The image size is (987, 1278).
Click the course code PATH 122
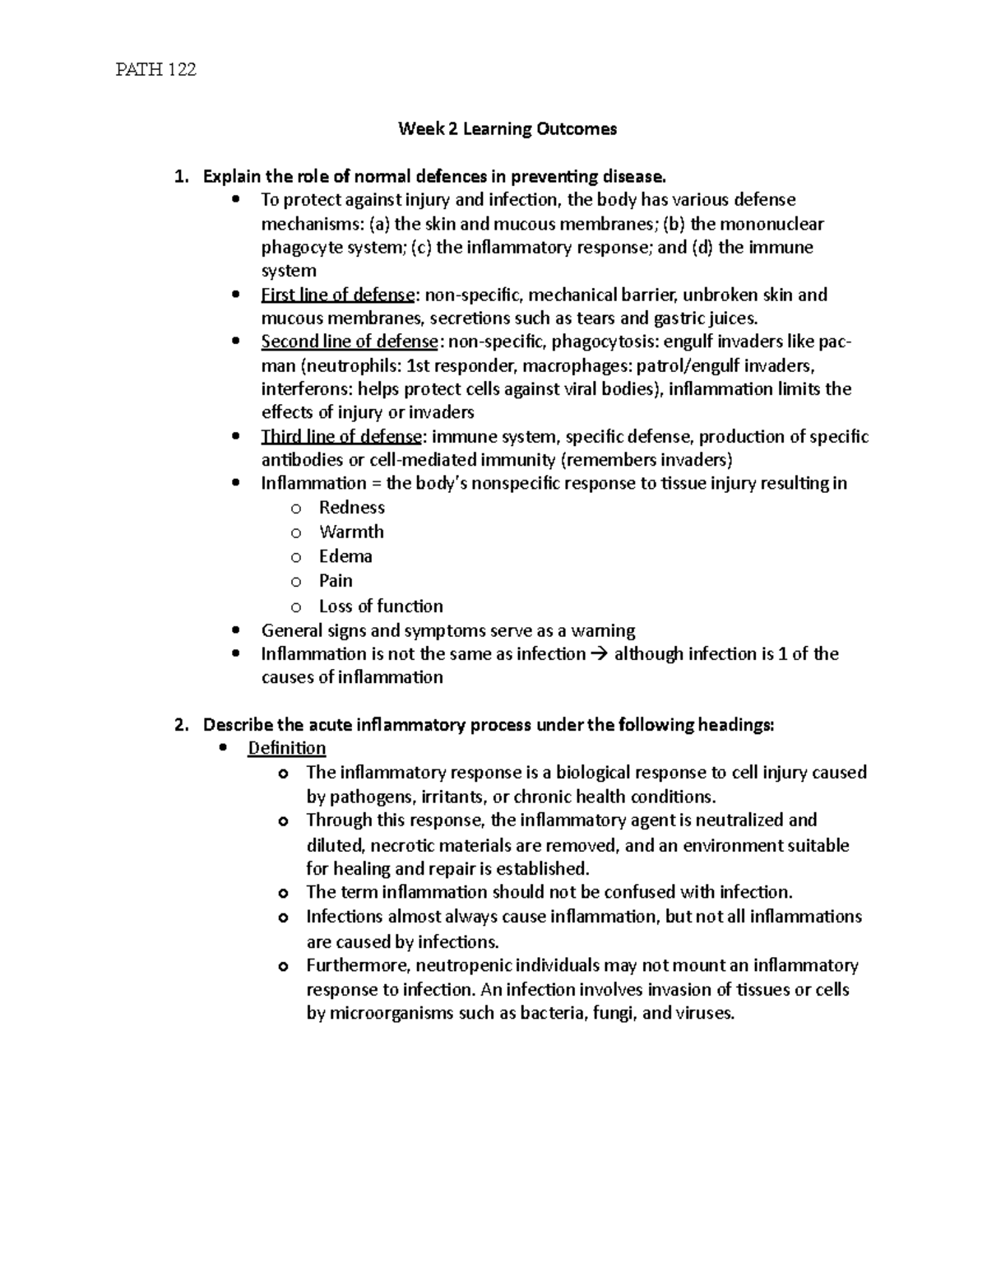click(155, 70)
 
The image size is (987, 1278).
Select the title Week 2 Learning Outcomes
click(507, 129)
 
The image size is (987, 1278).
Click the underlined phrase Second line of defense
click(349, 342)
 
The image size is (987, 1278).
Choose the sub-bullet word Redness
click(352, 508)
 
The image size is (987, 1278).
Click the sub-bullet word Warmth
click(351, 532)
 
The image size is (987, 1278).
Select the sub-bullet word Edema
click(345, 557)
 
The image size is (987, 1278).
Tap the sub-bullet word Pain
click(336, 581)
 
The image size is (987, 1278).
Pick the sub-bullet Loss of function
click(381, 606)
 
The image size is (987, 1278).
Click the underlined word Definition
click(287, 748)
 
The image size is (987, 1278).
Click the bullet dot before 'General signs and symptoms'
click(237, 631)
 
